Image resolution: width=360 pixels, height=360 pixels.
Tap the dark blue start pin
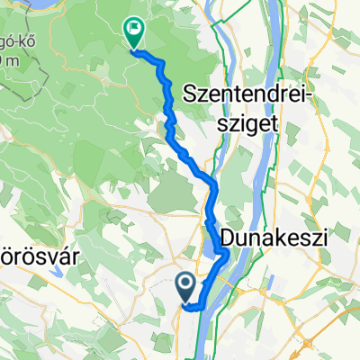tap(186, 289)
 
